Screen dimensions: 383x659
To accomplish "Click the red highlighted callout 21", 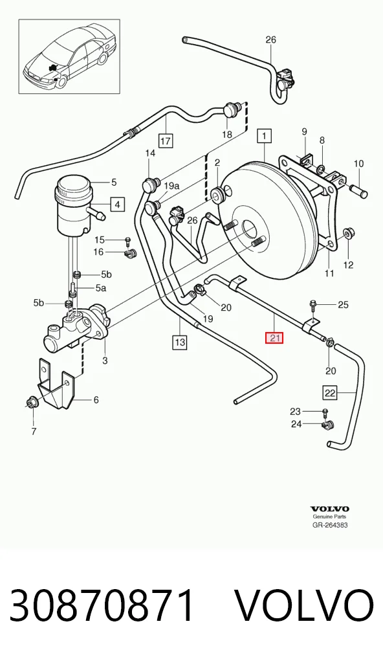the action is tap(274, 337).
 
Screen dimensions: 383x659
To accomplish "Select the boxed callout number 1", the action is tap(264, 136).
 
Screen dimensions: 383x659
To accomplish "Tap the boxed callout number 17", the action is tap(166, 140).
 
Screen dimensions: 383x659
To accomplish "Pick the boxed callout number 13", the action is tap(118, 205).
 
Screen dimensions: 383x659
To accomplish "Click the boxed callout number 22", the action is tap(331, 392).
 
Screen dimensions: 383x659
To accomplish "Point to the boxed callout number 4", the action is tap(118, 205).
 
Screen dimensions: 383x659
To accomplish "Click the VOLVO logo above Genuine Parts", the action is tap(330, 509).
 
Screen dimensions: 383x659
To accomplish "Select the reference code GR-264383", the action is tap(330, 524).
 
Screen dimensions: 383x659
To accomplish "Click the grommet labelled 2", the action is tap(219, 195).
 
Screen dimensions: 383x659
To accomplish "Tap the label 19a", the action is tap(171, 185).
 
